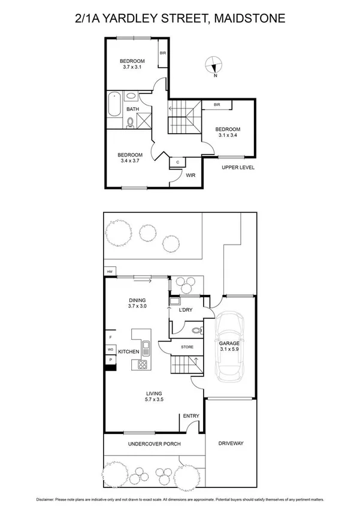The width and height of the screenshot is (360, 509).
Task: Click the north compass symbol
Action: point(214,65)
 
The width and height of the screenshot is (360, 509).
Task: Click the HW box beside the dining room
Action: point(110,272)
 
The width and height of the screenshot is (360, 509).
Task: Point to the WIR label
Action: point(191,176)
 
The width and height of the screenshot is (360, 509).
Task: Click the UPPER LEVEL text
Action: point(238,167)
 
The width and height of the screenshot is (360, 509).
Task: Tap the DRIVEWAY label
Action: point(231,444)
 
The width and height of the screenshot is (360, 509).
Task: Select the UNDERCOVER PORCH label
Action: point(155,444)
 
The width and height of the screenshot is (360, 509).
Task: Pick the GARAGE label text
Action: point(229,344)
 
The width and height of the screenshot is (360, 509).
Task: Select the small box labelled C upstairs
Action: point(177,162)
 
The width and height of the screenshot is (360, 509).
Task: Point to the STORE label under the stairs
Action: point(187,347)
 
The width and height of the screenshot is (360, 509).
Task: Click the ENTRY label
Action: point(191,416)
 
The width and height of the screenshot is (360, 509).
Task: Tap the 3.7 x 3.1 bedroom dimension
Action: point(132,68)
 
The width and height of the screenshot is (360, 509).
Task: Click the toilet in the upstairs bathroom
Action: point(130,122)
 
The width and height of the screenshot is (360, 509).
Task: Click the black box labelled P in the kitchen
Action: point(110,359)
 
